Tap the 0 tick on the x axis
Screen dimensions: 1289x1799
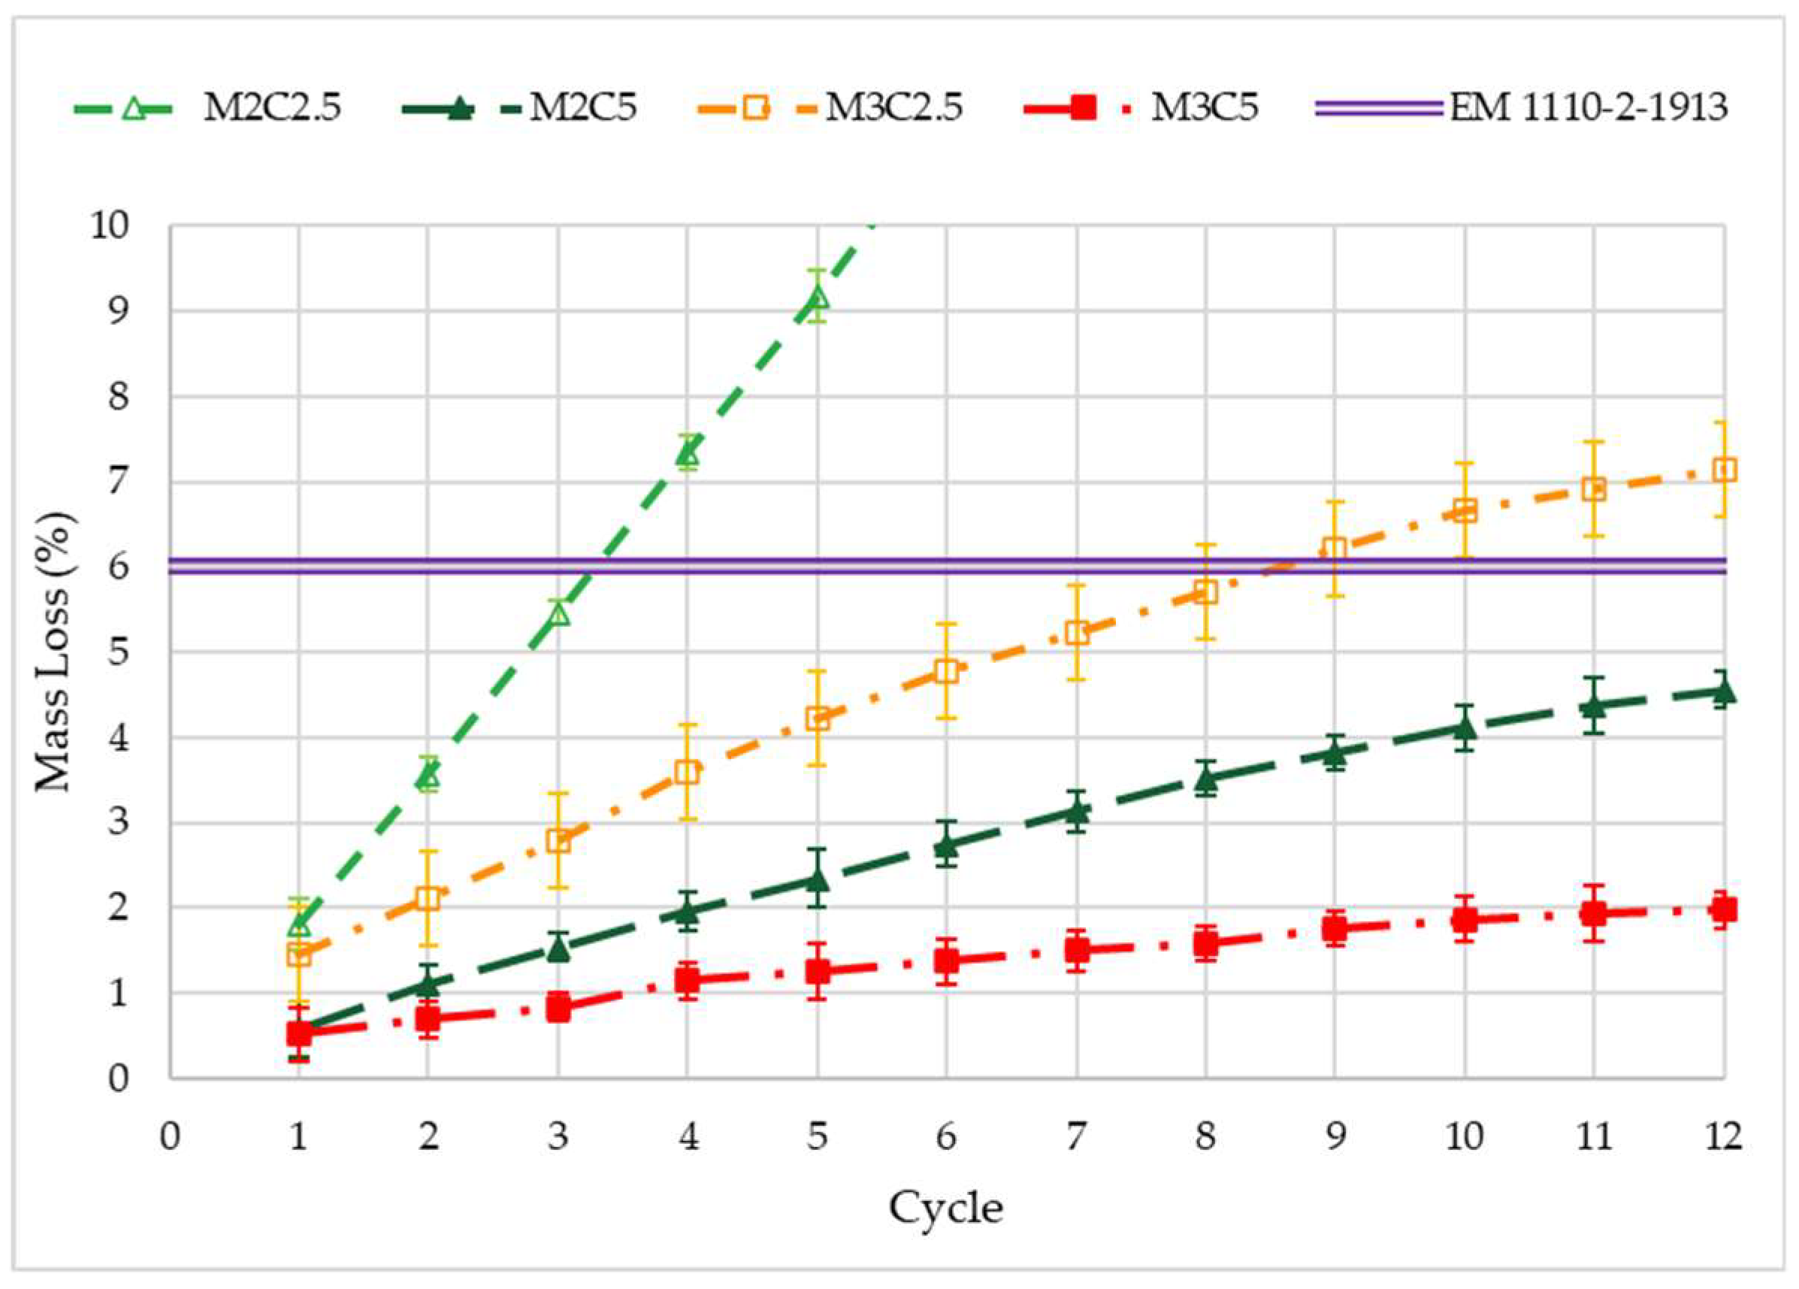[x=169, y=1137]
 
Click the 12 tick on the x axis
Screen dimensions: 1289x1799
[x=1724, y=1137]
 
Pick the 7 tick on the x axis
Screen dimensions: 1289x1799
[x=1075, y=1137]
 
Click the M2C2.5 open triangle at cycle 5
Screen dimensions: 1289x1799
[x=817, y=298]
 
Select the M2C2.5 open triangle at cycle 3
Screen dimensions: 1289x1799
[x=558, y=613]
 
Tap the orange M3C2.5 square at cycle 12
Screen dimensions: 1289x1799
[x=1724, y=470]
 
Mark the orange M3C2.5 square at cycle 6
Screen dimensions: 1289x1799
[x=946, y=671]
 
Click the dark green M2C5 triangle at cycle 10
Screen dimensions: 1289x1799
[x=1465, y=727]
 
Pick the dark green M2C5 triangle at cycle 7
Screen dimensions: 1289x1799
[x=1075, y=812]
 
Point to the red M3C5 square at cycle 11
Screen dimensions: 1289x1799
[x=1594, y=913]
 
